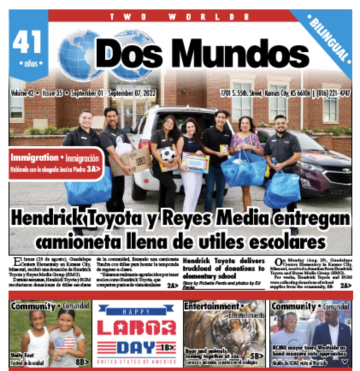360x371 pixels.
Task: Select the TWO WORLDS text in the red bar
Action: click(x=179, y=17)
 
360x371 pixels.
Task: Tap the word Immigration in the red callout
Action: click(x=35, y=158)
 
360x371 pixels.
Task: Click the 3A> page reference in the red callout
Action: click(x=94, y=169)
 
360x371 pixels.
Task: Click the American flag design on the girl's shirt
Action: click(x=64, y=342)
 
